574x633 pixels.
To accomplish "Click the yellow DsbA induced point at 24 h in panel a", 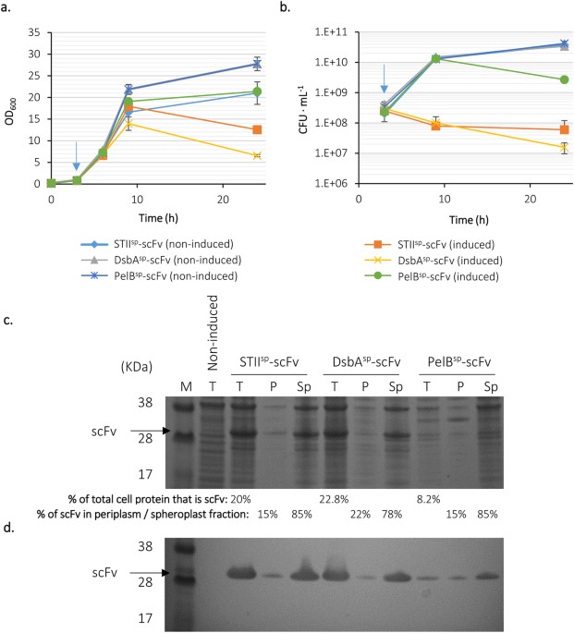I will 257,155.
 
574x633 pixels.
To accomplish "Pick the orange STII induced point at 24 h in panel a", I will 257,129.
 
